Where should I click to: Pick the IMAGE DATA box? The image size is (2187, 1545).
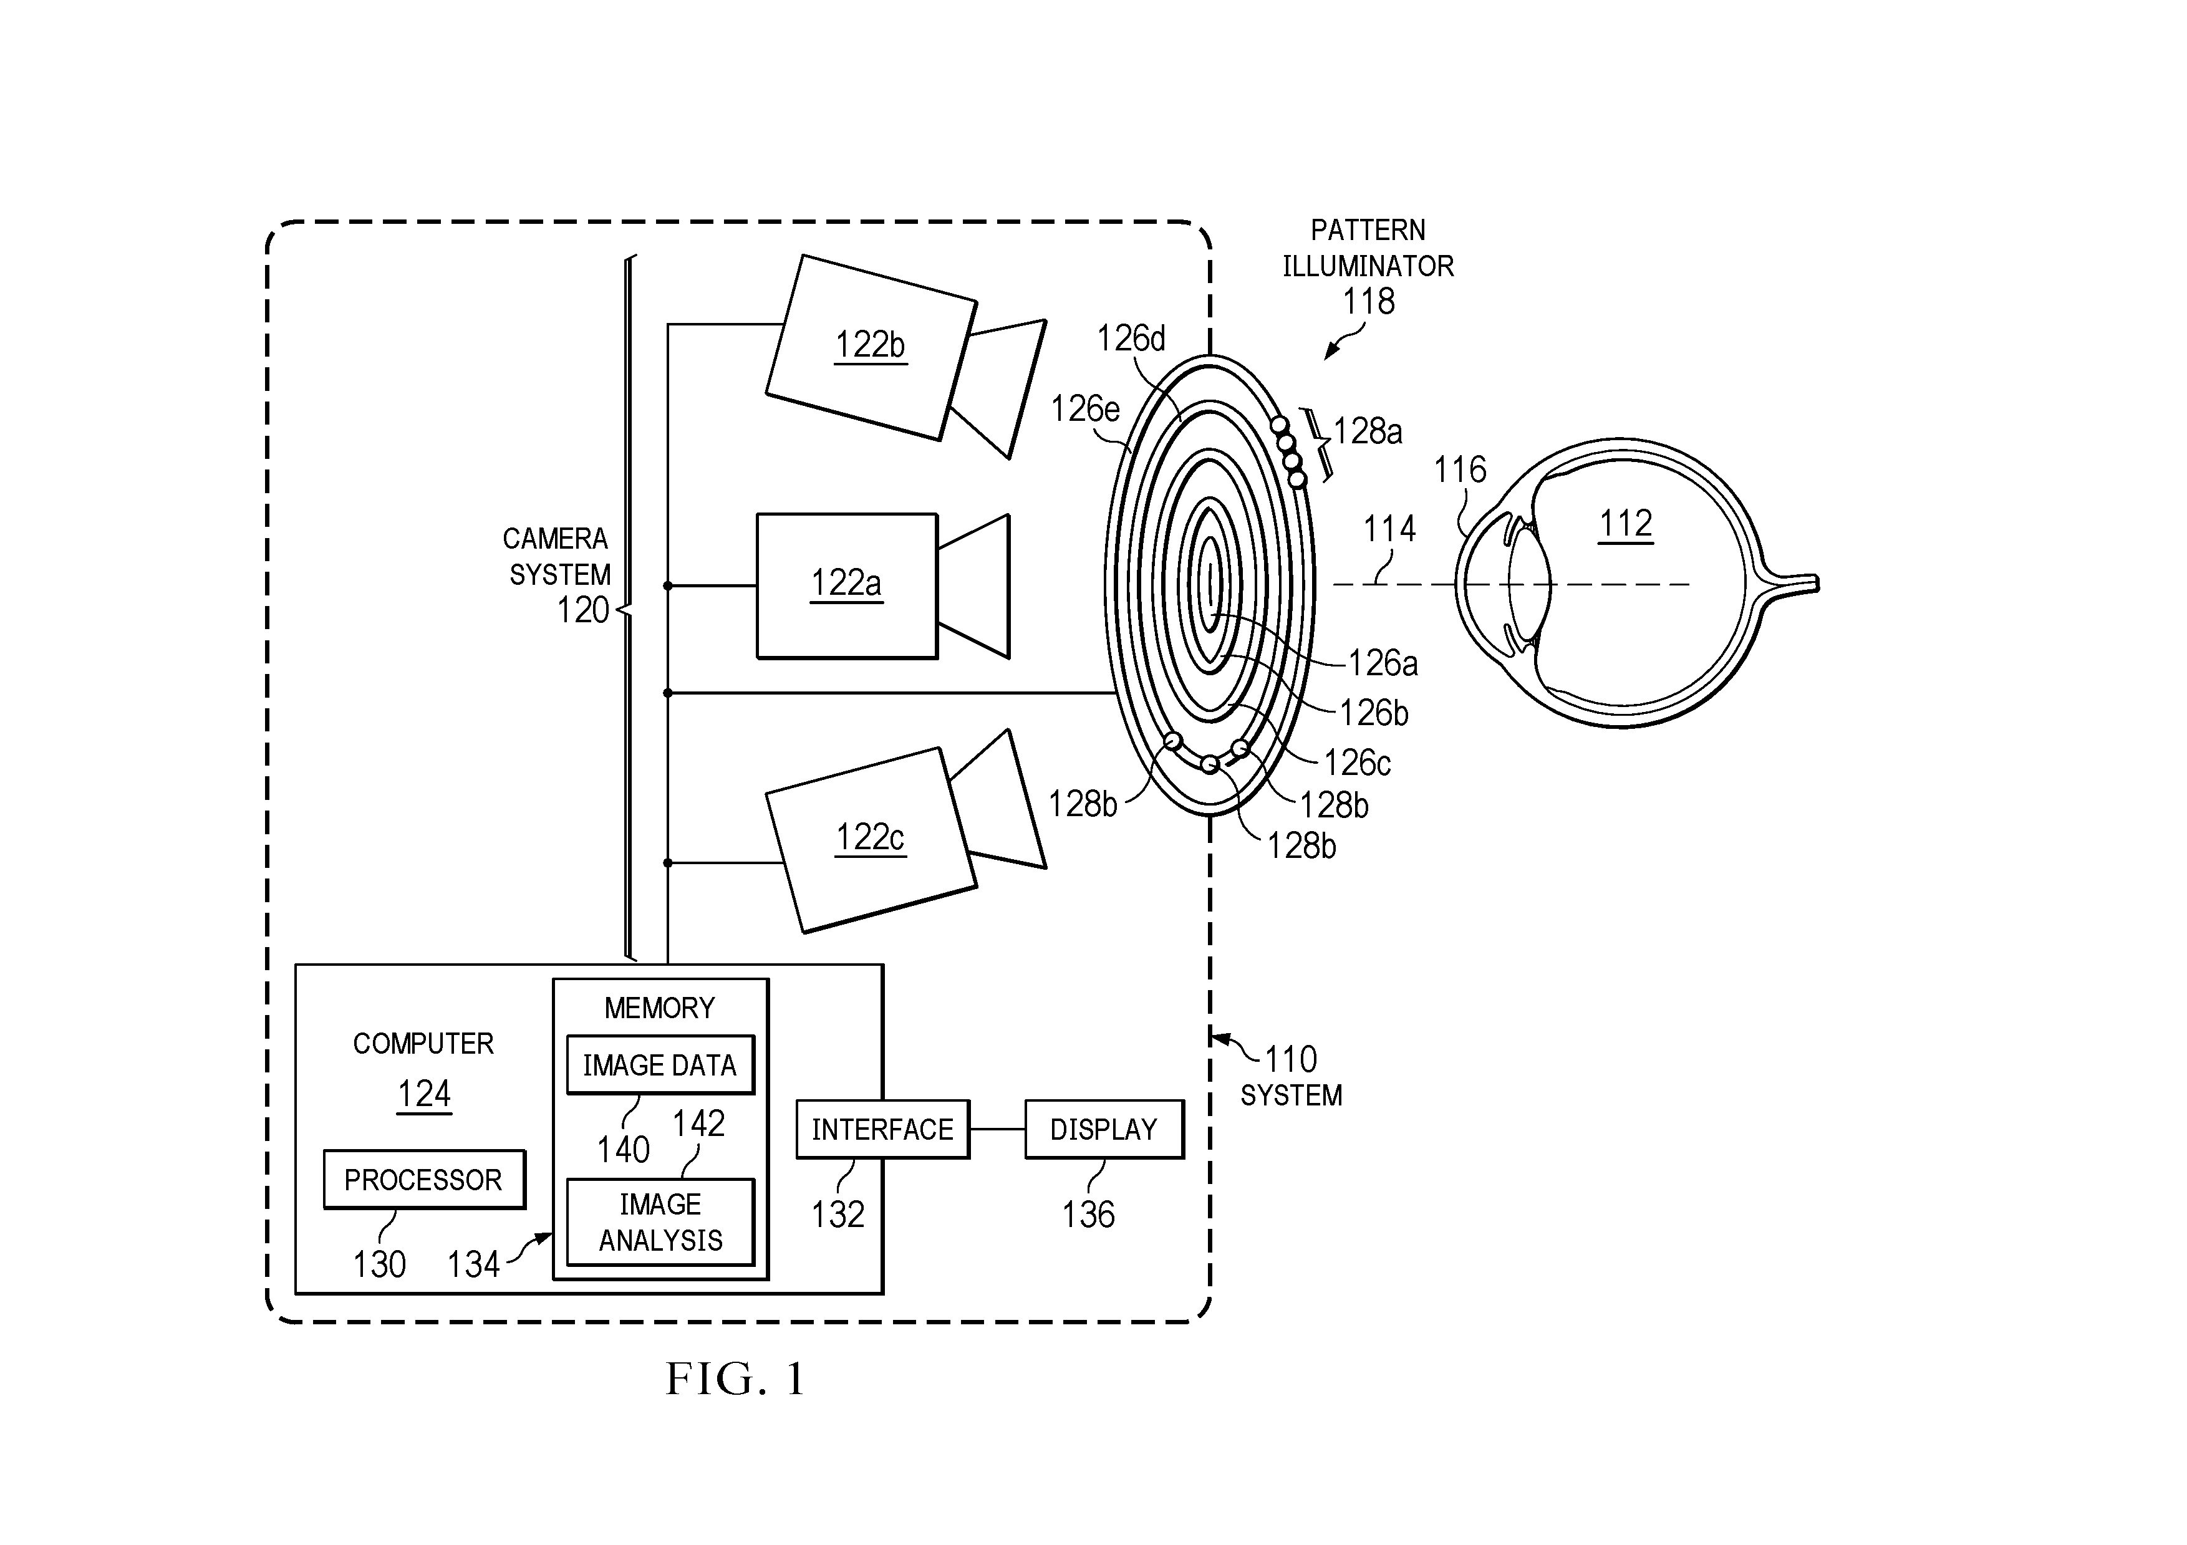pos(660,1065)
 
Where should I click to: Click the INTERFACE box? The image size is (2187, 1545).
pos(882,1130)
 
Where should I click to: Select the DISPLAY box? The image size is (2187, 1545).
pos(1104,1130)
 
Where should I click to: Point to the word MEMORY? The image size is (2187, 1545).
pos(659,1008)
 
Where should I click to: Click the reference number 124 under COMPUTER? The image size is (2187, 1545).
pos(424,1094)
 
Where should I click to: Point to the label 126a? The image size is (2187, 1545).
pos(1383,663)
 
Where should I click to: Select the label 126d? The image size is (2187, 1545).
pos(1131,338)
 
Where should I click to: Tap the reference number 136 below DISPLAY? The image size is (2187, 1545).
pos(1088,1215)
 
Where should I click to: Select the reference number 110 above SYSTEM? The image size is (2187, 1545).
pos(1291,1059)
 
